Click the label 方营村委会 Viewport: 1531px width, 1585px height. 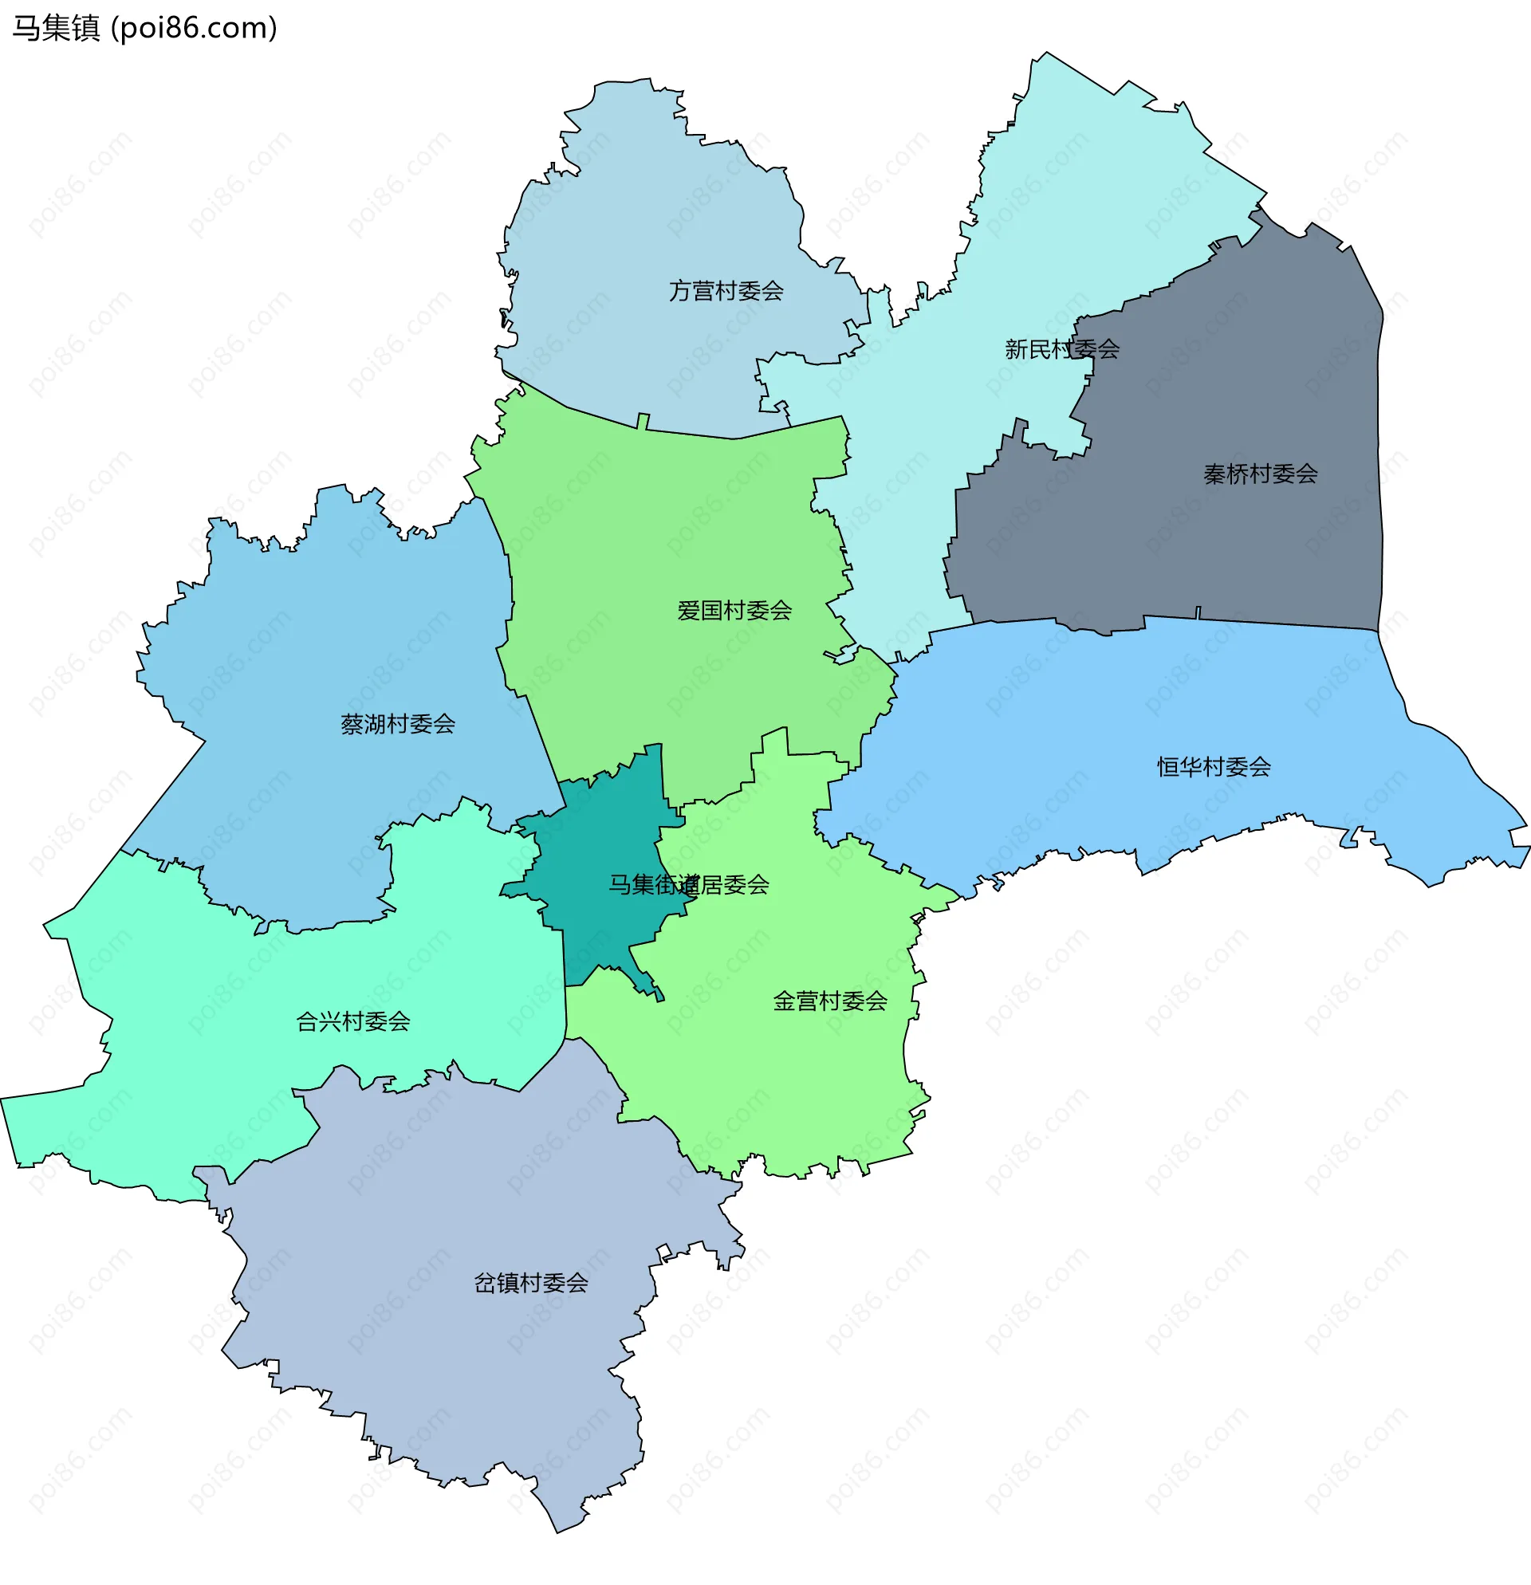(x=726, y=291)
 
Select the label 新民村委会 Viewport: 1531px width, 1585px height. (x=1061, y=349)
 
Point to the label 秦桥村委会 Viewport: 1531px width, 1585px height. (x=1260, y=474)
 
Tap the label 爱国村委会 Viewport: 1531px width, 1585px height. (x=734, y=611)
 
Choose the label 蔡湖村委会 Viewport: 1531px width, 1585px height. (x=397, y=724)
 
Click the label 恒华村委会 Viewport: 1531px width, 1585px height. (x=1213, y=767)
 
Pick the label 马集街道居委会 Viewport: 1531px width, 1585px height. (x=688, y=885)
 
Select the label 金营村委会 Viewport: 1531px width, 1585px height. (x=830, y=1001)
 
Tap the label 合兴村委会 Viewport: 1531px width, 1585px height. (x=352, y=1021)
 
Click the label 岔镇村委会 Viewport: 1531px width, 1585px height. (x=530, y=1283)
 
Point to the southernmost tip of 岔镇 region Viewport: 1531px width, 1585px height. (x=557, y=1532)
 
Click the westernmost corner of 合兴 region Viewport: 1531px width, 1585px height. (x=2, y=1099)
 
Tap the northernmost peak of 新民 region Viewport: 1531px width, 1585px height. (x=1046, y=53)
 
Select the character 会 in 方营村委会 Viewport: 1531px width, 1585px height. (x=773, y=291)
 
